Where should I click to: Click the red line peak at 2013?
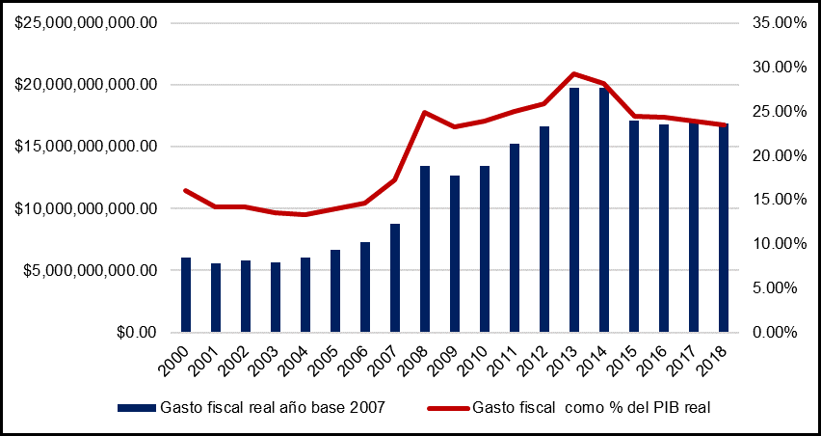click(x=574, y=73)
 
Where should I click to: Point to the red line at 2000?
click(x=186, y=190)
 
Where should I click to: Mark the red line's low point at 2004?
click(x=305, y=214)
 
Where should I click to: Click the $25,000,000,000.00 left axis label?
click(x=86, y=23)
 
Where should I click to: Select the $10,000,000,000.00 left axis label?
click(x=86, y=208)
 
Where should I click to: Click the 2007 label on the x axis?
click(x=386, y=362)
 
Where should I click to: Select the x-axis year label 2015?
click(x=625, y=362)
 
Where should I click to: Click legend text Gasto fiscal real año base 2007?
click(x=273, y=407)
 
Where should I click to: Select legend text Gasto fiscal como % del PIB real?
click(x=592, y=407)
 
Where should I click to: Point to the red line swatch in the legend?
click(x=448, y=407)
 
